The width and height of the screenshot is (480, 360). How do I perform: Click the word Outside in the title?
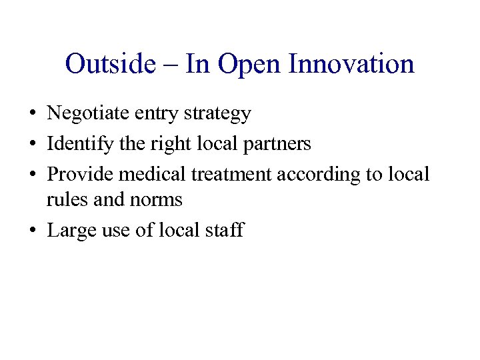click(110, 65)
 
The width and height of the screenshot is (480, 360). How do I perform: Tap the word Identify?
click(76, 144)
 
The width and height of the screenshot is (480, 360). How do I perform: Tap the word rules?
click(62, 199)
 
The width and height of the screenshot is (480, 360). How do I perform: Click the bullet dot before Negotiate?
click(32, 115)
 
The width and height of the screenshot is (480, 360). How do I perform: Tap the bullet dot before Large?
click(32, 231)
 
